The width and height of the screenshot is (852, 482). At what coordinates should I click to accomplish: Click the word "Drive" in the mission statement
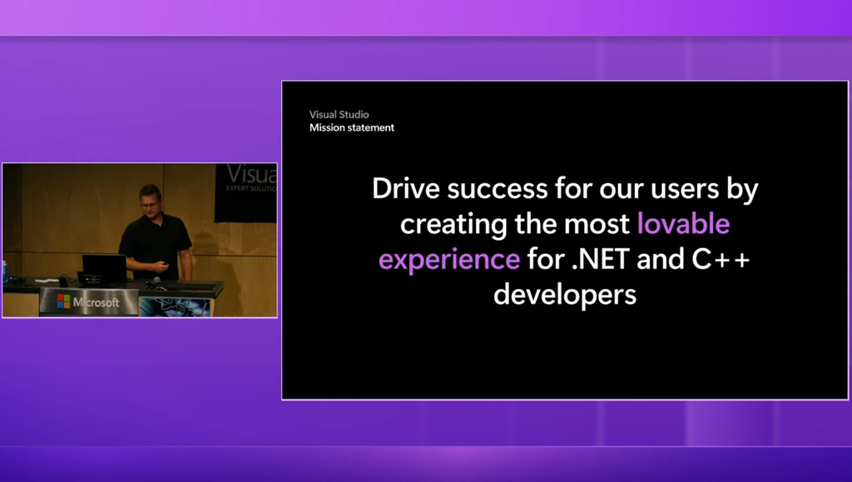[x=405, y=189]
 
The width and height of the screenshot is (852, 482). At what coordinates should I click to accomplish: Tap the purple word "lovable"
[x=683, y=223]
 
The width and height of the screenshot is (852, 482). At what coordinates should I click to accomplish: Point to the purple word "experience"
[x=448, y=260]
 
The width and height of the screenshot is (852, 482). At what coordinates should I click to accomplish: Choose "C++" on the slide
[x=721, y=259]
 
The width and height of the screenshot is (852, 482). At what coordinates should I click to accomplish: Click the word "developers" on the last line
[x=565, y=295]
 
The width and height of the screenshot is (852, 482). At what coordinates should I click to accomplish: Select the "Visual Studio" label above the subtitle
[x=339, y=115]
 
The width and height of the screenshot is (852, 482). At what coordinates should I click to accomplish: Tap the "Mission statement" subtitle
[x=352, y=127]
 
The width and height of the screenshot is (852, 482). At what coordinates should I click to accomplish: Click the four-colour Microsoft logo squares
[x=63, y=301]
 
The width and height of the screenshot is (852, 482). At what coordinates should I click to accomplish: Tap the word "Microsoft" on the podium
[x=97, y=302]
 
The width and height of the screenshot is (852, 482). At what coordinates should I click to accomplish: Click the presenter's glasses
[x=150, y=205]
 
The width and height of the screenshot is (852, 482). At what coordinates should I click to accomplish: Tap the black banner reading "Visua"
[x=245, y=193]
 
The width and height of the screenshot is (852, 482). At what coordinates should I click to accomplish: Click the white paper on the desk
[x=47, y=281]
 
